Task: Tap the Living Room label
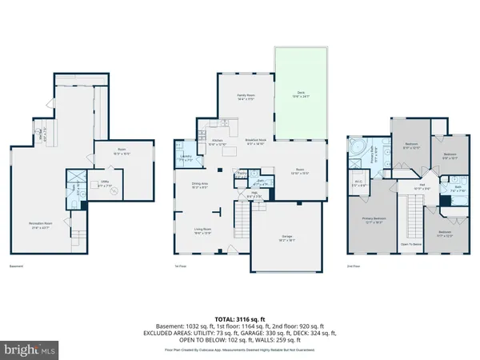(202, 233)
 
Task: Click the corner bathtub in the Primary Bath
(357, 149)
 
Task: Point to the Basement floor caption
(15, 266)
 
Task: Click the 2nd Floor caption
(354, 266)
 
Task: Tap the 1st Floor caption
(181, 266)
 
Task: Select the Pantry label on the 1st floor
(241, 173)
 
